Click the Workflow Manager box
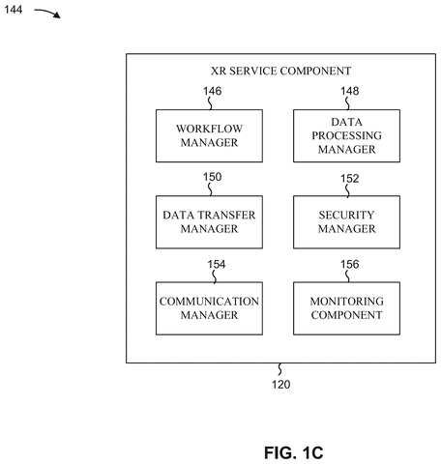click(209, 135)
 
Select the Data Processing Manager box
click(346, 135)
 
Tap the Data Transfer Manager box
click(209, 222)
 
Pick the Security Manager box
click(346, 222)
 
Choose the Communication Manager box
click(209, 308)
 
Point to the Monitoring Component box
click(346, 308)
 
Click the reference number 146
click(212, 91)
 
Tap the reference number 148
click(350, 91)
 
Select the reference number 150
click(212, 177)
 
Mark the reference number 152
click(350, 179)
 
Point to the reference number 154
click(217, 264)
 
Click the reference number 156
click(350, 264)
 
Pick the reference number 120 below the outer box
click(280, 385)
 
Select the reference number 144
click(14, 10)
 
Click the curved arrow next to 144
click(47, 12)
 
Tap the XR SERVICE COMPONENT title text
click(280, 71)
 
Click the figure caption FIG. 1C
click(294, 452)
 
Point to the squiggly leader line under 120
click(279, 369)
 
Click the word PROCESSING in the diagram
click(346, 135)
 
